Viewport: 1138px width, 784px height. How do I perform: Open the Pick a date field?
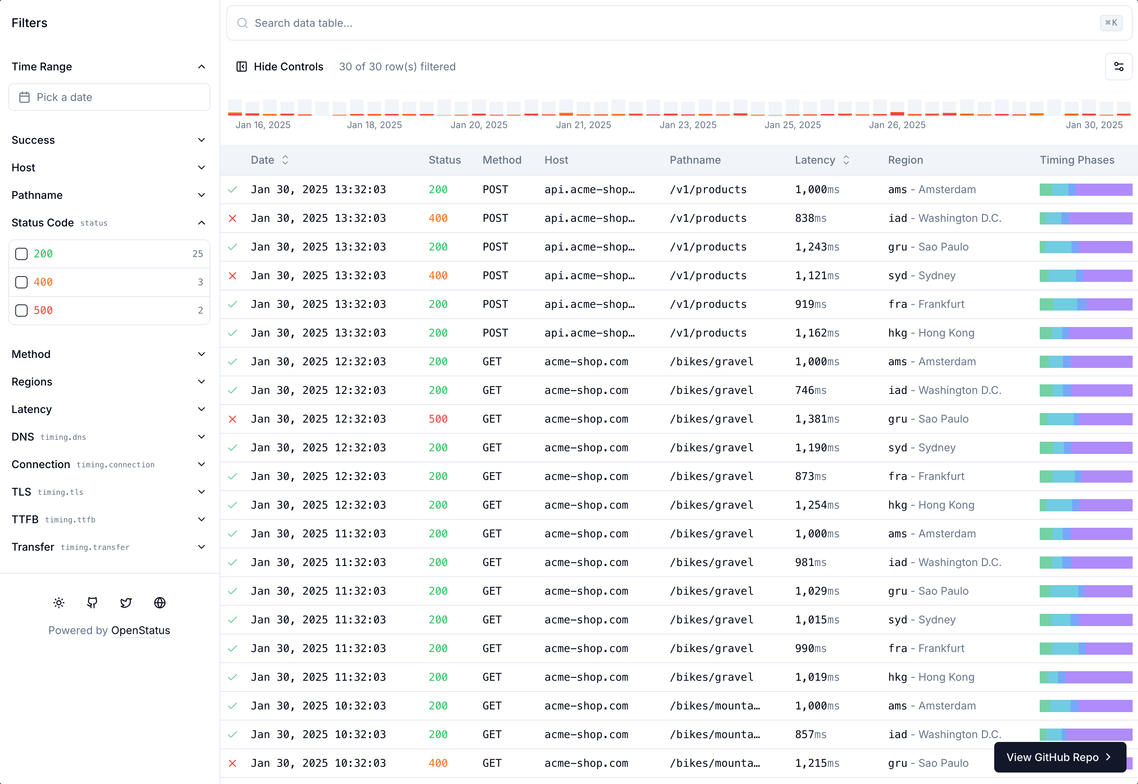pyautogui.click(x=109, y=97)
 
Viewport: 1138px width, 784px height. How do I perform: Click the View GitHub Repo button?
pyautogui.click(x=1059, y=757)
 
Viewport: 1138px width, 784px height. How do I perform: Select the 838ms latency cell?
pyautogui.click(x=810, y=218)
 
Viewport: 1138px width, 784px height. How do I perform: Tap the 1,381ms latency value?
pyautogui.click(x=817, y=419)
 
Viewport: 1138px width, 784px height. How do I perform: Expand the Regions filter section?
pyautogui.click(x=109, y=382)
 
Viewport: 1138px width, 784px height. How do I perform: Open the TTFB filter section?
pyautogui.click(x=109, y=519)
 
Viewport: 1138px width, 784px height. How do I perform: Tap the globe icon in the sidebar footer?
pyautogui.click(x=159, y=603)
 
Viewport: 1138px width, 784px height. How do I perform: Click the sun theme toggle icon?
pyautogui.click(x=59, y=603)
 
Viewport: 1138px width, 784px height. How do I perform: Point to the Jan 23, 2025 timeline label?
pyautogui.click(x=688, y=125)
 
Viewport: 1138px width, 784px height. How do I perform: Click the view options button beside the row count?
pyautogui.click(x=1118, y=67)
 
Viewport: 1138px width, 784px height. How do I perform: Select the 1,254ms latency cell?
pyautogui.click(x=817, y=505)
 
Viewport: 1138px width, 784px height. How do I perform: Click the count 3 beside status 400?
pyautogui.click(x=200, y=282)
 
